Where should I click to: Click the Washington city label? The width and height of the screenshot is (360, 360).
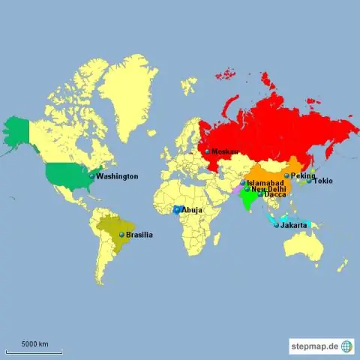point(117,176)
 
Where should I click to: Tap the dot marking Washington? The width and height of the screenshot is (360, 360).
point(92,176)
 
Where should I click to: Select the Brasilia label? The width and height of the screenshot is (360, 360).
point(139,235)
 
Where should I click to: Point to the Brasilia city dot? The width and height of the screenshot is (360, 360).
point(121,235)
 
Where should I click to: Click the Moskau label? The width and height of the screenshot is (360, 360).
point(225,151)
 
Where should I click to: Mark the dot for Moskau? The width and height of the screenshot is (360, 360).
point(208,151)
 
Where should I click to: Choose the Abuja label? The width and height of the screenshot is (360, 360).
point(191,210)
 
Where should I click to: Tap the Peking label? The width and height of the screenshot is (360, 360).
point(303,175)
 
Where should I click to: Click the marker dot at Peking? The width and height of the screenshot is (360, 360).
point(286,175)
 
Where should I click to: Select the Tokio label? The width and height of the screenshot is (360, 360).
point(322,181)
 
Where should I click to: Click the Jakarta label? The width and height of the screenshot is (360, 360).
point(293,225)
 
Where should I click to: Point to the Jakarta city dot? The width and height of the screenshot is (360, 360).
point(276,225)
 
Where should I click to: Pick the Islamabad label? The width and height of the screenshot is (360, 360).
point(265,183)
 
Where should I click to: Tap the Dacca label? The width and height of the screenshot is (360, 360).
point(274,194)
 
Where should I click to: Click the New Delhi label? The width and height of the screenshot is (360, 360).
point(268,189)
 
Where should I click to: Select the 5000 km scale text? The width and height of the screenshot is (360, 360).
point(34,344)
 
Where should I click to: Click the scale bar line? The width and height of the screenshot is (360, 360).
point(34,351)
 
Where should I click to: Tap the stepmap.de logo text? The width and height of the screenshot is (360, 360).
point(314,346)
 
